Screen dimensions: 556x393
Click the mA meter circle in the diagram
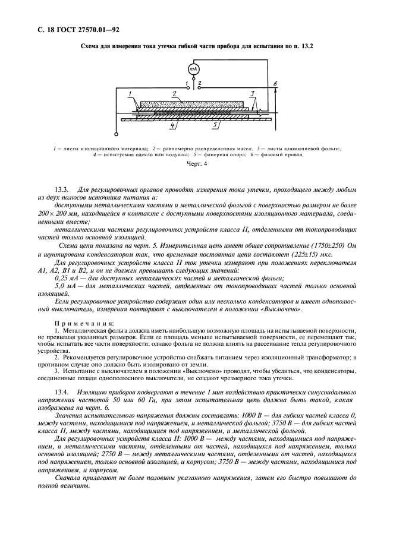coord(193,69)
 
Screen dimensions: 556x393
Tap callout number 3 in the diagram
coord(251,93)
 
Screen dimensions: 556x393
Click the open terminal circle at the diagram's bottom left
coord(116,134)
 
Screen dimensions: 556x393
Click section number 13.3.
coord(62,189)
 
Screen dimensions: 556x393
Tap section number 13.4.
coord(62,394)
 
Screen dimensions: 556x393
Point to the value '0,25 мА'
coord(67,278)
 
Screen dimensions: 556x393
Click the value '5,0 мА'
coord(65,286)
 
